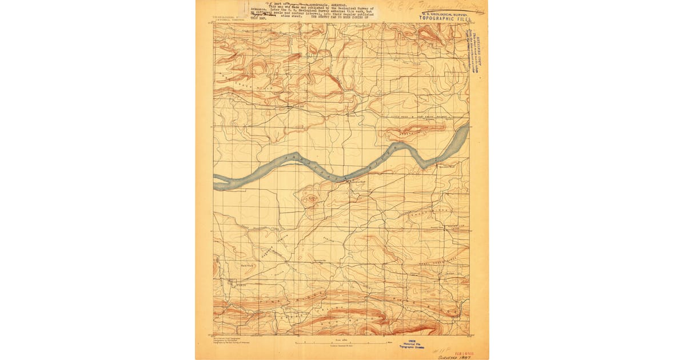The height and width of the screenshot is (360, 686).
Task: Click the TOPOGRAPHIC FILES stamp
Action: click(x=445, y=18)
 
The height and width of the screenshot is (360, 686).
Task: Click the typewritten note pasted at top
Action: click(x=312, y=11)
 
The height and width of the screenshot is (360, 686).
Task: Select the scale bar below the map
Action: click(x=342, y=342)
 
